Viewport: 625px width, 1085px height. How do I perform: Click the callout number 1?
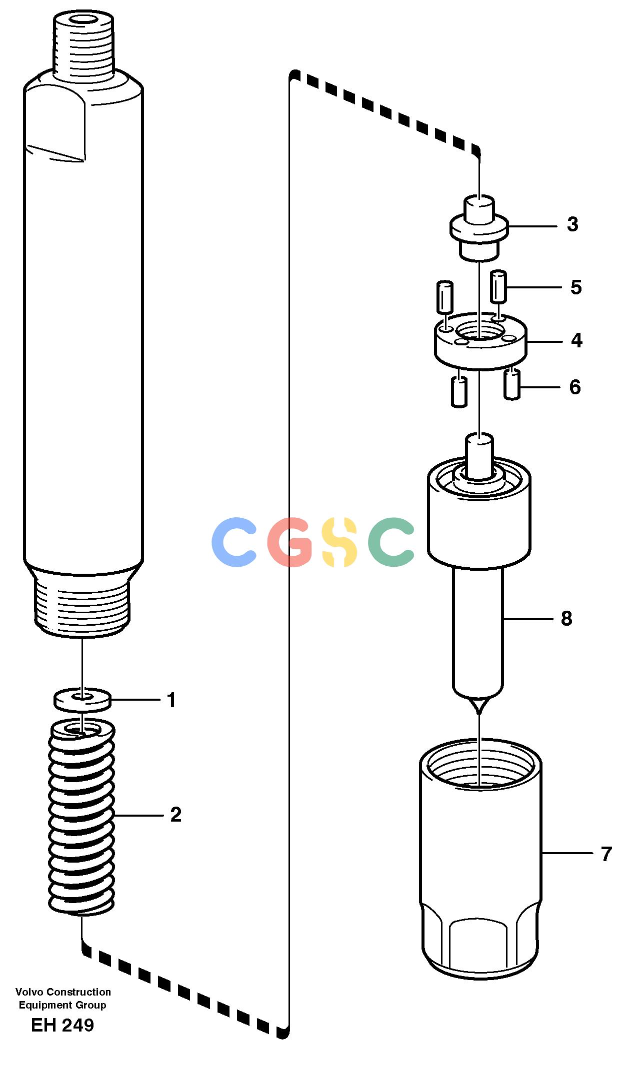pyautogui.click(x=171, y=700)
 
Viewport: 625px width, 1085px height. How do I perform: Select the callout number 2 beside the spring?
pyautogui.click(x=175, y=815)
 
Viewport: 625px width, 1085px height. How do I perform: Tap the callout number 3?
pyautogui.click(x=572, y=224)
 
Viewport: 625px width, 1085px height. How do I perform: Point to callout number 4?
pyautogui.click(x=576, y=340)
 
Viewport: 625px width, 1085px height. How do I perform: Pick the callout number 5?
pyautogui.click(x=576, y=287)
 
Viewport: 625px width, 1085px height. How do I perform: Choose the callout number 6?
pyautogui.click(x=575, y=387)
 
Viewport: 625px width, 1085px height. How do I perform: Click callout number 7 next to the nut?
pyautogui.click(x=606, y=854)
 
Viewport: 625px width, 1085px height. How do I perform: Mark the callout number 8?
pyautogui.click(x=566, y=619)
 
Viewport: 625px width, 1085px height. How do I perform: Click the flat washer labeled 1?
pyautogui.click(x=82, y=700)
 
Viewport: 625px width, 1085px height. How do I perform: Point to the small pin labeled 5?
pyautogui.click(x=499, y=286)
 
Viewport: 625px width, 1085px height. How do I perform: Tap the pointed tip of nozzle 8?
pyautogui.click(x=479, y=713)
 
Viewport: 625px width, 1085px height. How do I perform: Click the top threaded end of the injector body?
pyautogui.click(x=83, y=45)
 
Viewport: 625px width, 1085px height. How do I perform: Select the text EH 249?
pyautogui.click(x=62, y=1025)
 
